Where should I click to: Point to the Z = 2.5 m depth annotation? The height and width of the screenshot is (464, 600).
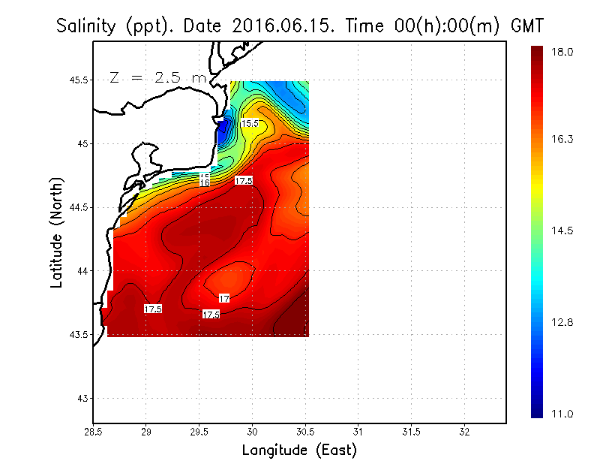(154, 77)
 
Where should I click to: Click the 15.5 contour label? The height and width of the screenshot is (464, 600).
(250, 123)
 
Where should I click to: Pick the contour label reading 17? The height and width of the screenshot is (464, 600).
(223, 299)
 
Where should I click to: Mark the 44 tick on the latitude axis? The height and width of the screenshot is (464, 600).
(81, 271)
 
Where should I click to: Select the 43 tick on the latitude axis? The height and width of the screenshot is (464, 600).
(81, 398)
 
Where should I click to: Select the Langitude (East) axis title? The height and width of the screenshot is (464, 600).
(299, 450)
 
